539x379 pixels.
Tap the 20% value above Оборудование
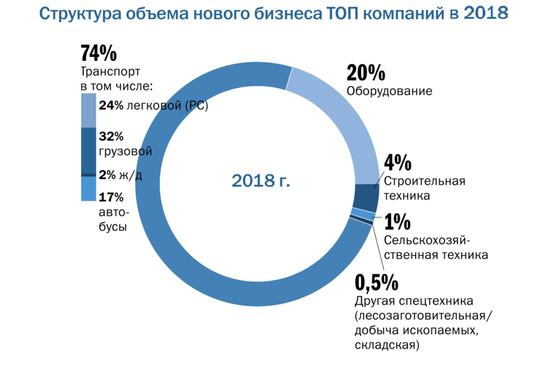click(x=366, y=73)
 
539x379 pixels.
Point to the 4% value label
click(x=397, y=163)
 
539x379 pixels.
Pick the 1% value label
click(x=398, y=223)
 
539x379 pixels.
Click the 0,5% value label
click(x=377, y=281)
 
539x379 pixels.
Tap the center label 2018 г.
click(x=261, y=180)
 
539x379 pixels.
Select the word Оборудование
click(x=389, y=91)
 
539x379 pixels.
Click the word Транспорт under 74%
click(x=110, y=72)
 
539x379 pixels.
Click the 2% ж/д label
click(x=120, y=175)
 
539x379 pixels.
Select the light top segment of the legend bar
click(x=89, y=111)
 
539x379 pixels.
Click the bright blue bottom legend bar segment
click(x=89, y=189)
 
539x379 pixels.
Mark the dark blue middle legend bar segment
click(x=89, y=150)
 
